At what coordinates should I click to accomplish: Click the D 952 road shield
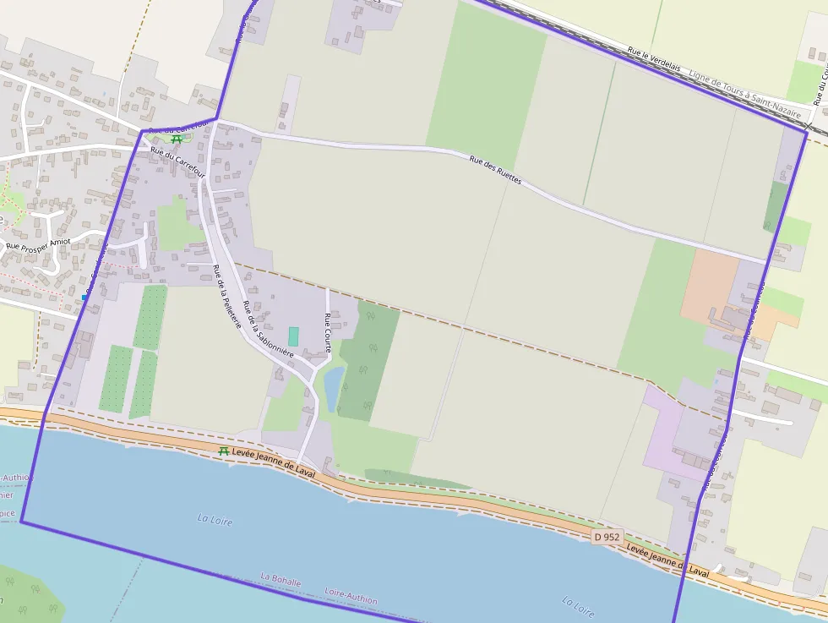(x=607, y=537)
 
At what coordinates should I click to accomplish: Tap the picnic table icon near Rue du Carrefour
(x=176, y=139)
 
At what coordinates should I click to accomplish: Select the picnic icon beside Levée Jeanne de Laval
(x=224, y=452)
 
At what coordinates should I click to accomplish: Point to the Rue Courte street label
(x=328, y=331)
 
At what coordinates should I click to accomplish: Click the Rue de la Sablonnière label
(x=267, y=329)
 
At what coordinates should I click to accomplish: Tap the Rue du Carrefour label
(x=177, y=161)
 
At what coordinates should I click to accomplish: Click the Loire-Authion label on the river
(x=351, y=595)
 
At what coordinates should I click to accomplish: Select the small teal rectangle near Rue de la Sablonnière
(x=293, y=336)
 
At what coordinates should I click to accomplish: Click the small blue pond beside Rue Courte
(x=333, y=387)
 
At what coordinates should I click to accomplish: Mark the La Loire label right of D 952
(x=578, y=606)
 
